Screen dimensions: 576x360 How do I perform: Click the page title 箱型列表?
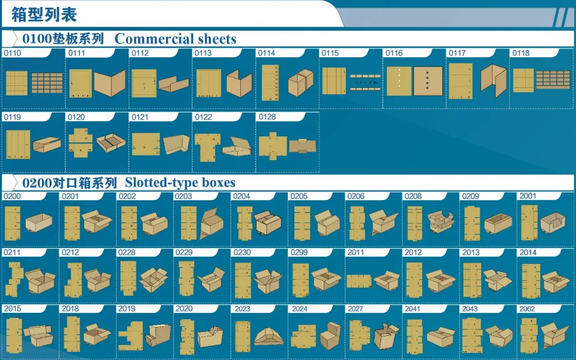click(x=44, y=14)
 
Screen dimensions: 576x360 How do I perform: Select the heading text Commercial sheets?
click(x=175, y=39)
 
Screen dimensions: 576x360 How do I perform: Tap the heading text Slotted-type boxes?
click(x=176, y=183)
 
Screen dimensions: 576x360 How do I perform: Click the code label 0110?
click(x=13, y=54)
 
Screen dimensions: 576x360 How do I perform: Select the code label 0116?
click(x=394, y=54)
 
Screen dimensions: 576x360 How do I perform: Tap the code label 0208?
click(x=413, y=196)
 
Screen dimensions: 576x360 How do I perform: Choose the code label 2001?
click(x=528, y=196)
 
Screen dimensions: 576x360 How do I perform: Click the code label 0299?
click(x=299, y=253)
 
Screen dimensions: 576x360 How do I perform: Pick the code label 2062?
click(x=528, y=309)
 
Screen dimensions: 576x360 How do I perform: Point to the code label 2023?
click(x=242, y=309)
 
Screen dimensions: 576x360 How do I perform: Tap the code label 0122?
click(x=203, y=117)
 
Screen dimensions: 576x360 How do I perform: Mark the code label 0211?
click(x=12, y=253)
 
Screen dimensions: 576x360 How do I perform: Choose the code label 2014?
click(x=528, y=253)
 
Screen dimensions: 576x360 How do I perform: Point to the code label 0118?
click(x=521, y=54)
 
